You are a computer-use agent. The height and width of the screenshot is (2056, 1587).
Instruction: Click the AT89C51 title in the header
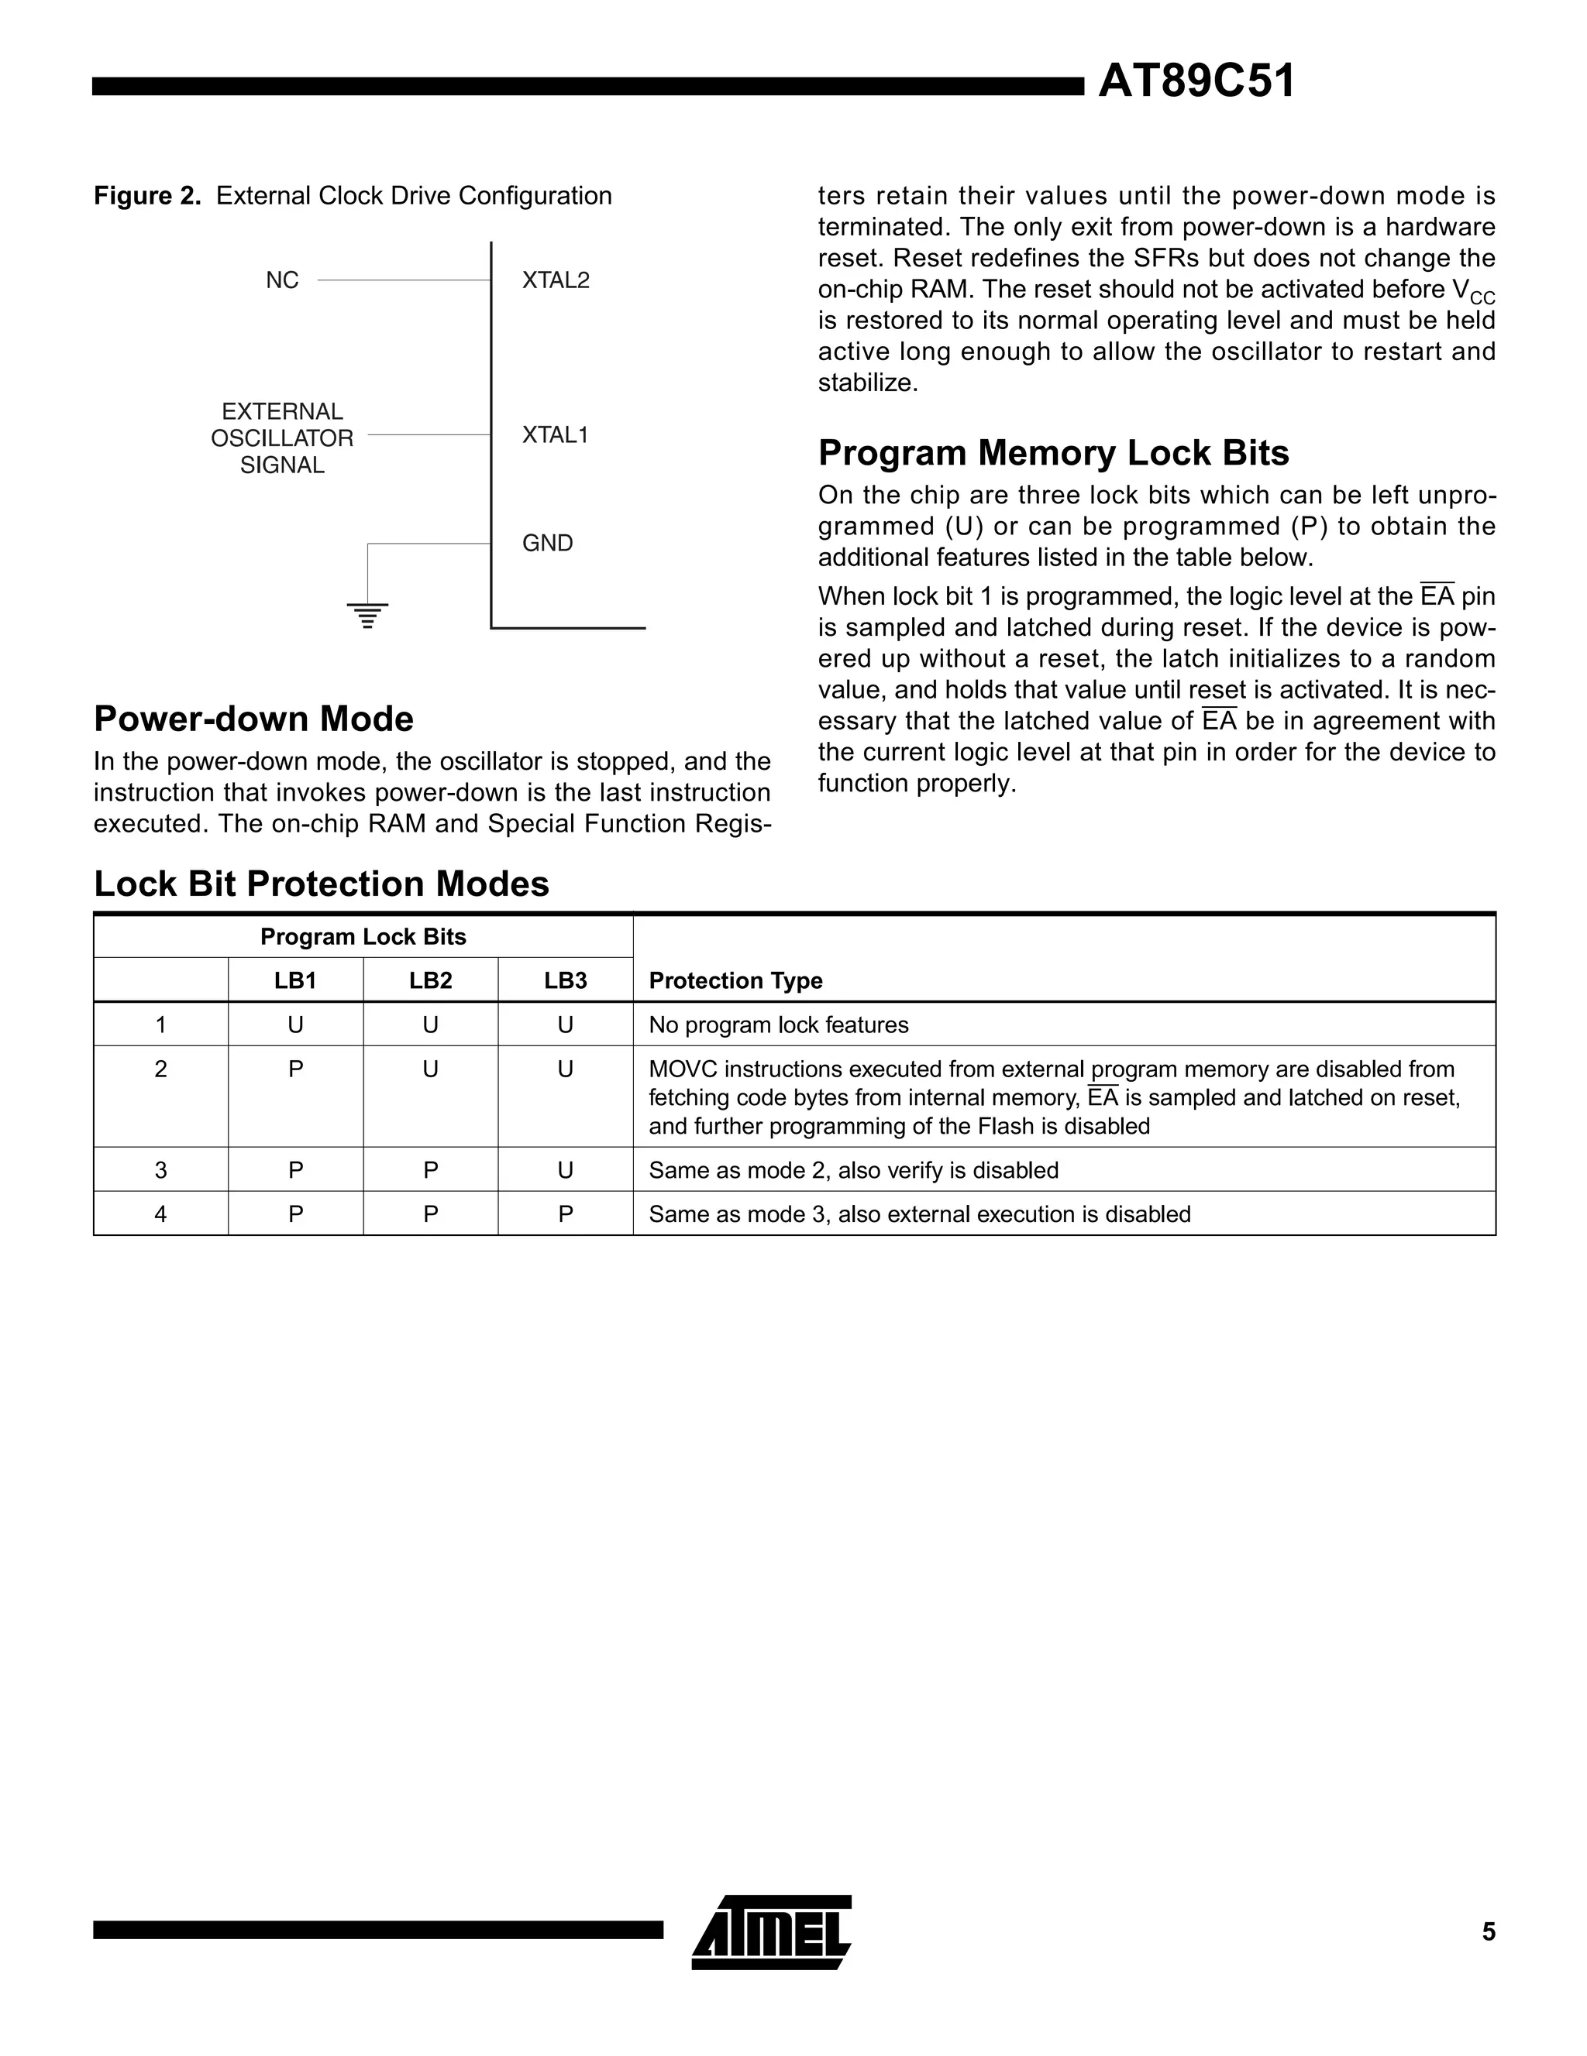pyautogui.click(x=1196, y=82)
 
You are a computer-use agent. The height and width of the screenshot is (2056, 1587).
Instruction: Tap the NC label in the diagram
pyautogui.click(x=281, y=280)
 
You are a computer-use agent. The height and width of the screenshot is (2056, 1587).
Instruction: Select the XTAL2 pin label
pyautogui.click(x=556, y=280)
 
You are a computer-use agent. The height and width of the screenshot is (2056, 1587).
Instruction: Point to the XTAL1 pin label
pyautogui.click(x=555, y=435)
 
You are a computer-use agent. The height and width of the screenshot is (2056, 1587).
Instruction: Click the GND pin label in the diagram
pyautogui.click(x=547, y=543)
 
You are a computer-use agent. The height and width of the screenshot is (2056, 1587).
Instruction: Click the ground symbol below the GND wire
pyautogui.click(x=367, y=615)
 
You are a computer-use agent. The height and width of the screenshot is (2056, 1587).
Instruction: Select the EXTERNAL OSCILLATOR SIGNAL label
pyautogui.click(x=281, y=438)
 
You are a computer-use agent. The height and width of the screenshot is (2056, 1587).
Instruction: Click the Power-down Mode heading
pyautogui.click(x=253, y=719)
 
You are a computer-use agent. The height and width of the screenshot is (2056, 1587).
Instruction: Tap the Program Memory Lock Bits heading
pyautogui.click(x=1053, y=453)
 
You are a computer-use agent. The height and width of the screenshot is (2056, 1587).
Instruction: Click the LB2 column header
pyautogui.click(x=430, y=981)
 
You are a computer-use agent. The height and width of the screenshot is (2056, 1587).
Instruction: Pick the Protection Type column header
pyautogui.click(x=735, y=981)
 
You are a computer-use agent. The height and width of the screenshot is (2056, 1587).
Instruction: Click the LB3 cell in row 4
pyautogui.click(x=565, y=1214)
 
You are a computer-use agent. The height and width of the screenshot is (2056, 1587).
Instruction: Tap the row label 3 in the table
pyautogui.click(x=161, y=1170)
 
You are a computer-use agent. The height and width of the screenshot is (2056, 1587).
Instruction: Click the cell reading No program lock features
pyautogui.click(x=778, y=1025)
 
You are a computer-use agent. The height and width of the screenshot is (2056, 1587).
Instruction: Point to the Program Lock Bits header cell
pyautogui.click(x=363, y=938)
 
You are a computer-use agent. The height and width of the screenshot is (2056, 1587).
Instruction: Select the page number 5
pyautogui.click(x=1488, y=1932)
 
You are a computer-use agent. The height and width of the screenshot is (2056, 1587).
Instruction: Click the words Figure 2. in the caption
pyautogui.click(x=147, y=197)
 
